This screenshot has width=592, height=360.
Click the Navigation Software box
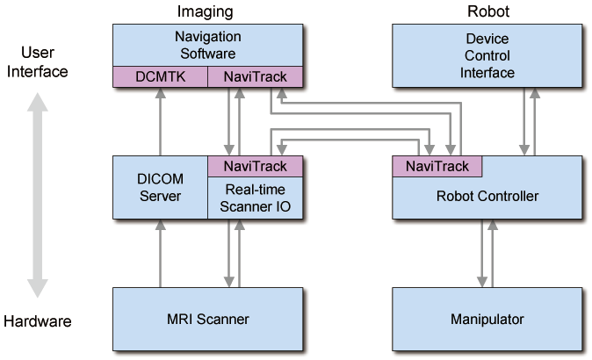[x=208, y=44]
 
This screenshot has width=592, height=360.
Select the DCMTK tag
[x=161, y=77]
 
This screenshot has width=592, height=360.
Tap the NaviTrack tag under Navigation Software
[x=255, y=77]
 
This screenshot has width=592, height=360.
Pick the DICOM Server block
[x=160, y=188]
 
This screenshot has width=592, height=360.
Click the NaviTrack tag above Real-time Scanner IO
[x=255, y=165]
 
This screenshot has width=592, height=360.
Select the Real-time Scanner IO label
[x=255, y=197]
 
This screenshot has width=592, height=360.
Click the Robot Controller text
[x=487, y=196]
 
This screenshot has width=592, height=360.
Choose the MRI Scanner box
[x=208, y=317]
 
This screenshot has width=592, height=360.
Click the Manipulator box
[x=487, y=317]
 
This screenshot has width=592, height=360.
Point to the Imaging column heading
[x=208, y=11]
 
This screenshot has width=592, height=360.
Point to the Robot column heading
[x=487, y=11]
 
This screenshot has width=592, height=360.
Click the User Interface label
[x=36, y=61]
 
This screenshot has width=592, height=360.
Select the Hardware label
[x=37, y=322]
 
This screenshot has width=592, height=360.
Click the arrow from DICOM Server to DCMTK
[x=160, y=122]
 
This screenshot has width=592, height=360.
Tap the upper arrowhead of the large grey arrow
[x=37, y=104]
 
